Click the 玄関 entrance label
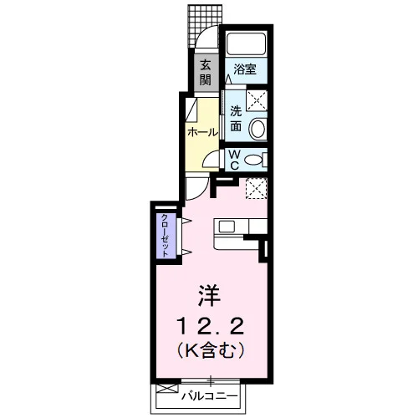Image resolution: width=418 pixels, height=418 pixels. click(206, 74)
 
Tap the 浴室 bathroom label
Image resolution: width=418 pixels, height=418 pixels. click(245, 69)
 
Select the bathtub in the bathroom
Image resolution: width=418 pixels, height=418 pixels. click(246, 44)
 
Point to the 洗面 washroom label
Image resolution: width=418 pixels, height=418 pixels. click(236, 119)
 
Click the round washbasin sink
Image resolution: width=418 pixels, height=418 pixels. click(257, 130)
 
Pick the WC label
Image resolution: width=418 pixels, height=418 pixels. click(235, 160)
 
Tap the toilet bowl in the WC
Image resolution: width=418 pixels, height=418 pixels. click(253, 160)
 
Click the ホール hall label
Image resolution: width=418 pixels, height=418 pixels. click(202, 132)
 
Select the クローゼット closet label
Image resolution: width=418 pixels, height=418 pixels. click(166, 236)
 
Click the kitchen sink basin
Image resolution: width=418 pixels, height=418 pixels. click(227, 227)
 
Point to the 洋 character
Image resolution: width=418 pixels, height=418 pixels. click(209, 295)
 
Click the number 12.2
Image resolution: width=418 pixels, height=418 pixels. click(210, 326)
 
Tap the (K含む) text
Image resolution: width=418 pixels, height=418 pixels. click(210, 350)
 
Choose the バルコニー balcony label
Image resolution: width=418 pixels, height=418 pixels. click(210, 395)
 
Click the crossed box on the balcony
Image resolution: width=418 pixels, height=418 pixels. click(166, 389)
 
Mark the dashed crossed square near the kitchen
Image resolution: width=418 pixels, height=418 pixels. click(257, 188)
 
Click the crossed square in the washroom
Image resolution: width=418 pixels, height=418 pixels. click(257, 100)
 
